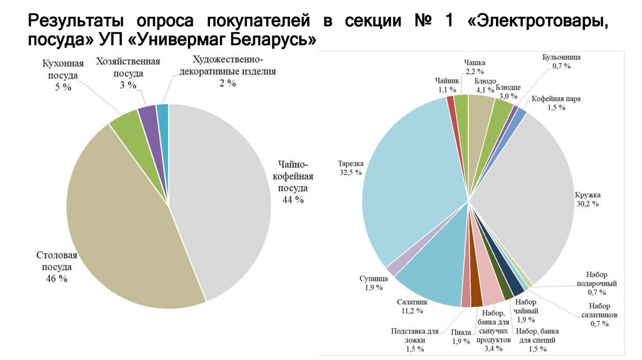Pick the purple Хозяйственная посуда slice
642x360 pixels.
point(149,117)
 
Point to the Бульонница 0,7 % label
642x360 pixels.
point(561,61)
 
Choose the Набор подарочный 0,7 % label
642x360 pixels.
point(601,283)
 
